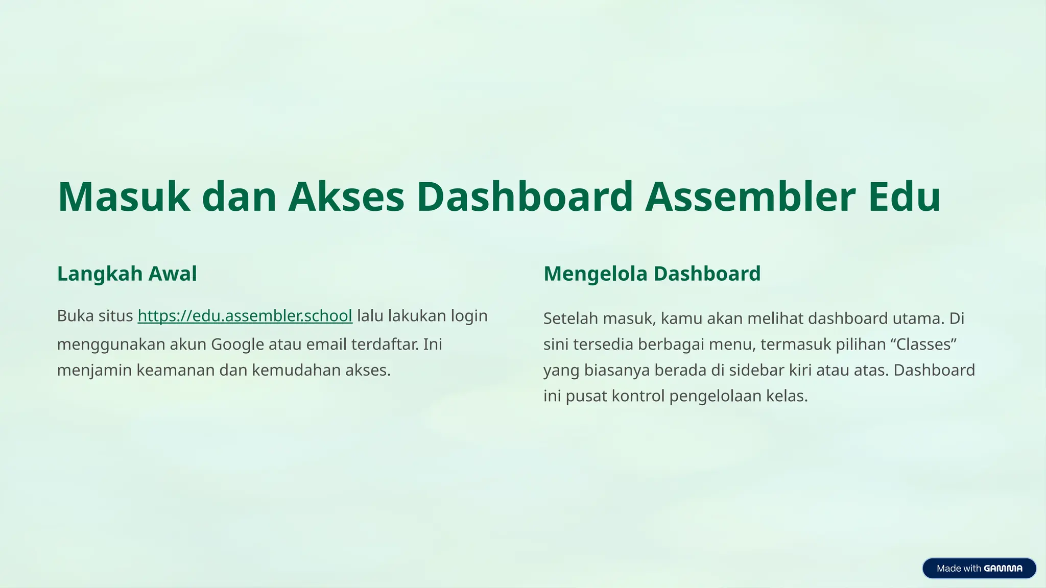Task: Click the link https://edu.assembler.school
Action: (245, 316)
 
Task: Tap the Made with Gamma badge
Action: (979, 568)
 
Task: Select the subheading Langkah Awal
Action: (127, 274)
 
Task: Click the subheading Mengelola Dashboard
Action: (652, 274)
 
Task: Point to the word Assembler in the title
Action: (750, 197)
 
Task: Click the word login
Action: (469, 316)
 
